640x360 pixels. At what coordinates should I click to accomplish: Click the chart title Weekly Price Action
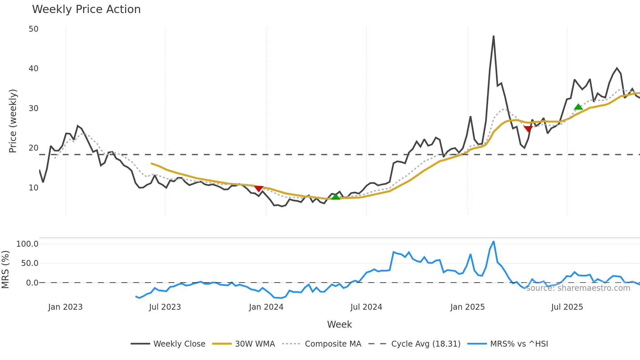coord(86,9)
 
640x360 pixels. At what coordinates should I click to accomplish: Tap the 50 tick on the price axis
coord(33,29)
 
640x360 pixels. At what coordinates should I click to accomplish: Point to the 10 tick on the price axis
coord(33,188)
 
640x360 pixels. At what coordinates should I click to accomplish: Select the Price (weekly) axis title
coord(13,121)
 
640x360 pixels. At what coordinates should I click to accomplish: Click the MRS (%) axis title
coord(5,270)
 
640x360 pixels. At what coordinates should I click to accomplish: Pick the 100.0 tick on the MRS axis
coord(27,244)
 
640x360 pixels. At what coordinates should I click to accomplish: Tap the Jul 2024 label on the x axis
coord(366,307)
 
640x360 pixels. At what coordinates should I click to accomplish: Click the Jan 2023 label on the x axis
coord(65,307)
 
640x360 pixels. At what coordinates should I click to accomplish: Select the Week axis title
coord(339,324)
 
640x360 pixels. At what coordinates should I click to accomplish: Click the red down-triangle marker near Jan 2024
coord(259,189)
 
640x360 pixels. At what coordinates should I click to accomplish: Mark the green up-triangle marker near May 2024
coord(336,197)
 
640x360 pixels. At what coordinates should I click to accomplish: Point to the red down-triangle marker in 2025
coord(528,129)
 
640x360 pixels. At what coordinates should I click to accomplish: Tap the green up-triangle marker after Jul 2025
coord(578,107)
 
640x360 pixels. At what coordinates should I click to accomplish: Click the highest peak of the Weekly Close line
coord(493,36)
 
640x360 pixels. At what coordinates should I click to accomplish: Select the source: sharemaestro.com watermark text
coord(578,288)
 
